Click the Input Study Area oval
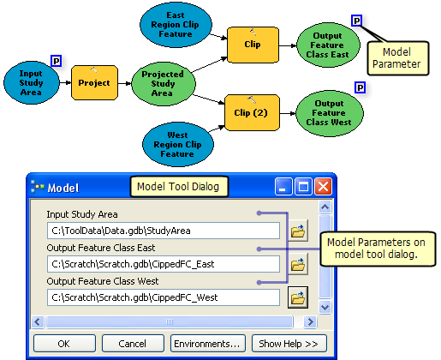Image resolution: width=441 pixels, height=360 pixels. [32, 83]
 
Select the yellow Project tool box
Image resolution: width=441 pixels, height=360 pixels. [94, 83]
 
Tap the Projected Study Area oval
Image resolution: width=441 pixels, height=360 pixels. [164, 84]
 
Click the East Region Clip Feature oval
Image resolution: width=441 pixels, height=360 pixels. [176, 25]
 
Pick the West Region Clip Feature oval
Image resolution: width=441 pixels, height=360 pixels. [178, 144]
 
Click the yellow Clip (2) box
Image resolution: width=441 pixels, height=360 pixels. [252, 112]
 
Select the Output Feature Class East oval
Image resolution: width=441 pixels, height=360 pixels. [328, 45]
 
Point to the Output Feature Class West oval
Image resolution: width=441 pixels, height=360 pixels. [330, 113]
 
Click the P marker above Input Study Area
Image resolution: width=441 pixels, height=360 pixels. [57, 61]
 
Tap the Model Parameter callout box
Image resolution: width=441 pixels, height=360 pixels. [398, 58]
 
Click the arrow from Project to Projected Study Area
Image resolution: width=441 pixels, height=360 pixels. [125, 83]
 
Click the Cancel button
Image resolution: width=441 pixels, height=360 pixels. [133, 344]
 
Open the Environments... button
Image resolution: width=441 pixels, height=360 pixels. [207, 344]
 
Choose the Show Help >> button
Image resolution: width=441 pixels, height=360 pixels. [289, 344]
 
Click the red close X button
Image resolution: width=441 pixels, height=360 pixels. [323, 187]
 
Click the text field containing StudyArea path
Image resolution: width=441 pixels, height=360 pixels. [164, 231]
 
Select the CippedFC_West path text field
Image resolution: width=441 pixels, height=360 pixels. [164, 297]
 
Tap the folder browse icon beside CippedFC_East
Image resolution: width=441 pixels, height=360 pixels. [298, 264]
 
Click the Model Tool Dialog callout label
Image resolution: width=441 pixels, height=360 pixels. [179, 187]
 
